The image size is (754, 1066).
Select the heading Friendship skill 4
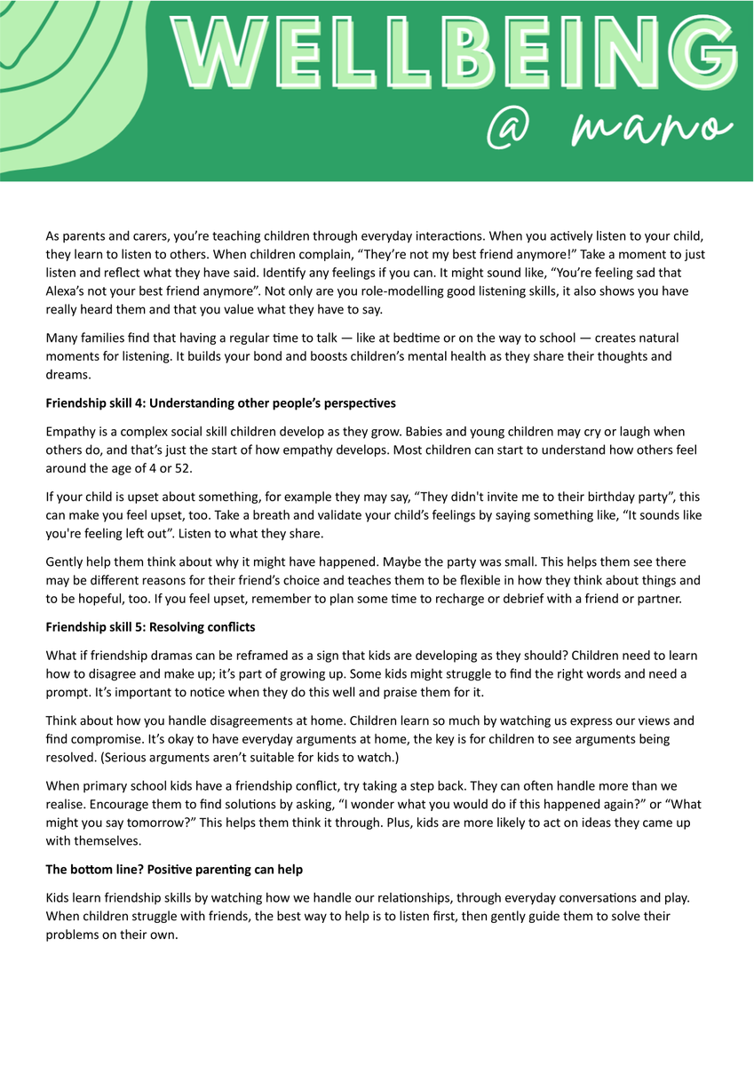[x=221, y=403]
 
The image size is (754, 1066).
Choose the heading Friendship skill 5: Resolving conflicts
[x=150, y=627]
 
